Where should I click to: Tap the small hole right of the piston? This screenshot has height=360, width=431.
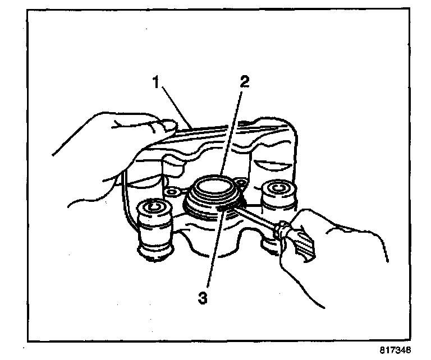tap(241, 182)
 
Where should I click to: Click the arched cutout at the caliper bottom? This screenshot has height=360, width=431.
tap(210, 250)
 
